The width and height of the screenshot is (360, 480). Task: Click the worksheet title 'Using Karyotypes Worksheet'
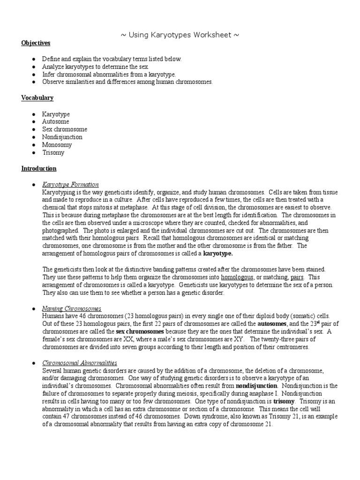tap(180, 35)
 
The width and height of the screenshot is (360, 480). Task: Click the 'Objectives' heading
tap(36, 43)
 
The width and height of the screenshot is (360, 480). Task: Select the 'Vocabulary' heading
tap(37, 98)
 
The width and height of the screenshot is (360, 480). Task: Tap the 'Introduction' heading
tap(38, 168)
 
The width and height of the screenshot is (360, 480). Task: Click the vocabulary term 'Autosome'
tap(56, 121)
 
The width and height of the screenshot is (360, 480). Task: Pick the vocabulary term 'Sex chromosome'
tap(65, 129)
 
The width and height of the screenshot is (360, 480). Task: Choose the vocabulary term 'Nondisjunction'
tap(62, 137)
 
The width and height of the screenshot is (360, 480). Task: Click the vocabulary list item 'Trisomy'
tap(53, 153)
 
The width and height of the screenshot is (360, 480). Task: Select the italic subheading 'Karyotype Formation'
tap(70, 184)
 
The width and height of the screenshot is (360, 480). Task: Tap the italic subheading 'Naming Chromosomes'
tap(72, 309)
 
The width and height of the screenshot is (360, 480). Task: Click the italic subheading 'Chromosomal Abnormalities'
tap(80, 363)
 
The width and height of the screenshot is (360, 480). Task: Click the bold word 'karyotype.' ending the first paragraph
tap(218, 254)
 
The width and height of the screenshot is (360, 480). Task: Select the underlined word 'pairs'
tap(297, 277)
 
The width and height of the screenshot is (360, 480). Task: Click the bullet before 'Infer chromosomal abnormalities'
tap(34, 75)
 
